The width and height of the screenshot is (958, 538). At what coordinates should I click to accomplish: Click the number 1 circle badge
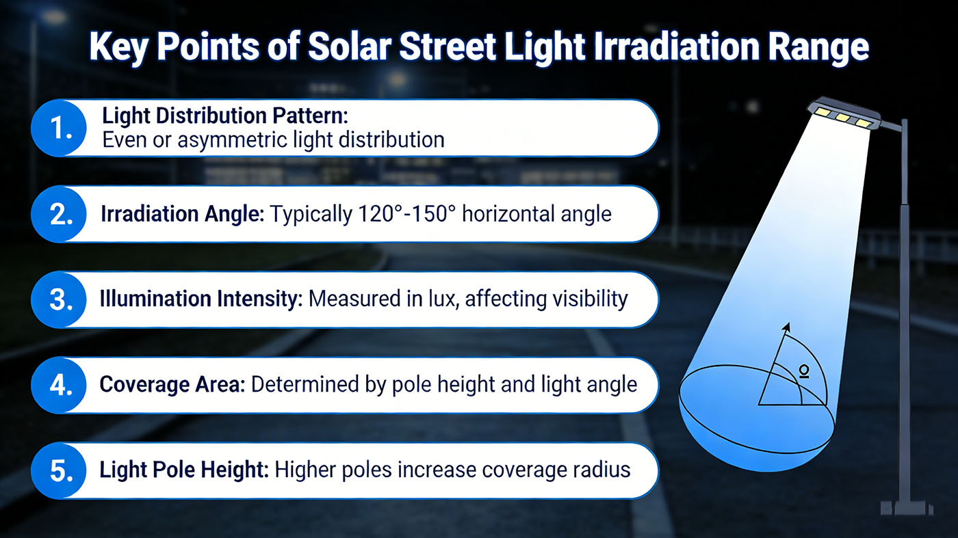click(60, 128)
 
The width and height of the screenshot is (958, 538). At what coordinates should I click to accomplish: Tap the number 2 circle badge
click(60, 214)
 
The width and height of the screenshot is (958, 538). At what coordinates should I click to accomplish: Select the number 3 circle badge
click(60, 299)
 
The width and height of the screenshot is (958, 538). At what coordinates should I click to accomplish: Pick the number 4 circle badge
click(60, 385)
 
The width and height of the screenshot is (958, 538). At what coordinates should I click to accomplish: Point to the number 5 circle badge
click(60, 470)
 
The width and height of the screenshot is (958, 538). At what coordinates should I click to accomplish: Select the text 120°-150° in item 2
click(406, 214)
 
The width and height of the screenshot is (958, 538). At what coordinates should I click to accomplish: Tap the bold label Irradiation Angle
click(183, 214)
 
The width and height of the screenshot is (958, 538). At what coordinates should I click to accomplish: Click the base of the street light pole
click(905, 507)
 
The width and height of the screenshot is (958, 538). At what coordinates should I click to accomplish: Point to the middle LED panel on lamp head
click(843, 118)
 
